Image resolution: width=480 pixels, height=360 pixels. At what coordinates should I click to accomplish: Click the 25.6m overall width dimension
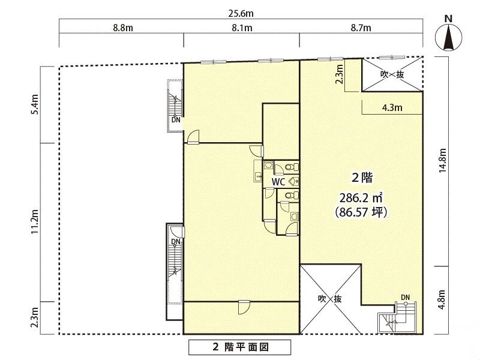pyautogui.click(x=241, y=13)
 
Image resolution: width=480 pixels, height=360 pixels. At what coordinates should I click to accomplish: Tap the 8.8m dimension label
pyautogui.click(x=123, y=28)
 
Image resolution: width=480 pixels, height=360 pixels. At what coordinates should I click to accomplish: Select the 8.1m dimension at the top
pyautogui.click(x=242, y=28)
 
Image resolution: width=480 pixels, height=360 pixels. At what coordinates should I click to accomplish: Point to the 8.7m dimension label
pyautogui.click(x=361, y=28)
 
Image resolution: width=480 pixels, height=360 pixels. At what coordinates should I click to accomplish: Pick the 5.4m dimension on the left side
pyautogui.click(x=35, y=104)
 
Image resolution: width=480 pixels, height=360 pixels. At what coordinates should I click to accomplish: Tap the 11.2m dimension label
pyautogui.click(x=35, y=222)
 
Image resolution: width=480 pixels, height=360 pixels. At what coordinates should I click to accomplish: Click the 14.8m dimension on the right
pyautogui.click(x=442, y=160)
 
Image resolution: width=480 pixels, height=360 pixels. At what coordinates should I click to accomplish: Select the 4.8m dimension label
pyautogui.click(x=442, y=299)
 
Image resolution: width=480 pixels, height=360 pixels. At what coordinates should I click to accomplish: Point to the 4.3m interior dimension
pyautogui.click(x=392, y=108)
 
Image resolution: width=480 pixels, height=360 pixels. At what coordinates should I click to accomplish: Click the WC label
pyautogui.click(x=278, y=182)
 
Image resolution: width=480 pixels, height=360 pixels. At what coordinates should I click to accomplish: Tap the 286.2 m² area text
pyautogui.click(x=361, y=198)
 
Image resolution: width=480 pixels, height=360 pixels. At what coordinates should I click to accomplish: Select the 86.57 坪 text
pyautogui.click(x=361, y=212)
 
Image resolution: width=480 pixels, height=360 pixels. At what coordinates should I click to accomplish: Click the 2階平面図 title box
pyautogui.click(x=239, y=347)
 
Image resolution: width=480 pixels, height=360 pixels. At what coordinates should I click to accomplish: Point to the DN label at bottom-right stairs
pyautogui.click(x=406, y=297)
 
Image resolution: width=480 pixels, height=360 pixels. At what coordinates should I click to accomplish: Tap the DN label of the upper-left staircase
pyautogui.click(x=176, y=120)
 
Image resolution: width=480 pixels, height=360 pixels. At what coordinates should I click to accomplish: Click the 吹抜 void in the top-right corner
pyautogui.click(x=392, y=74)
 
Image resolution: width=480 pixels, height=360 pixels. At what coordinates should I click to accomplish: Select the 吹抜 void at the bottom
pyautogui.click(x=330, y=299)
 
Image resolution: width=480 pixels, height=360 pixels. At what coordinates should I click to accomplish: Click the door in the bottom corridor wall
pyautogui.click(x=244, y=307)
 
